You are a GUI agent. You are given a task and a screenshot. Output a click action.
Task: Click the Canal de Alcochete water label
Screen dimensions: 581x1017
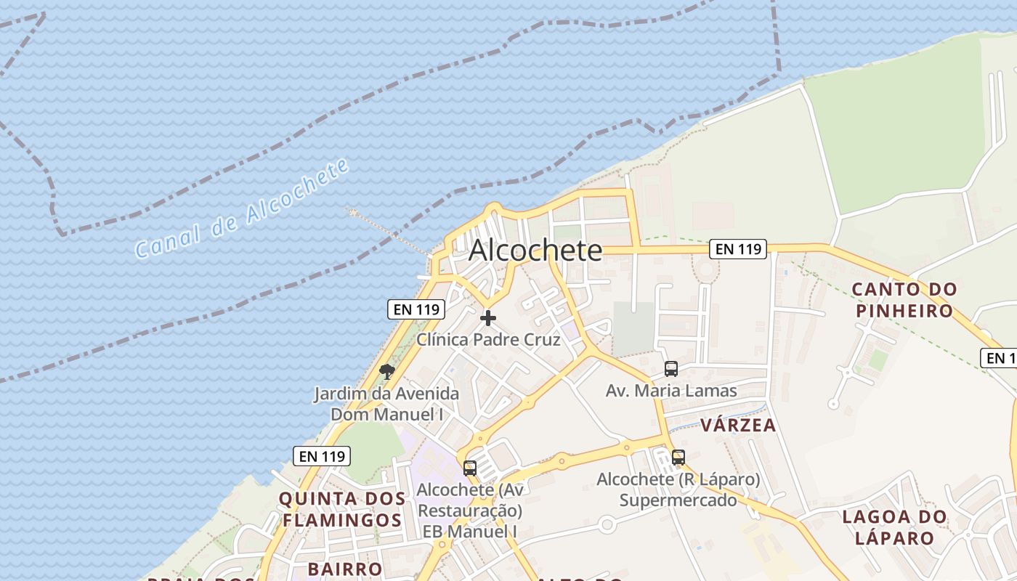click(242, 209)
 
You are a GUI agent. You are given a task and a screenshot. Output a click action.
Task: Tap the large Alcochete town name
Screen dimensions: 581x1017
click(535, 251)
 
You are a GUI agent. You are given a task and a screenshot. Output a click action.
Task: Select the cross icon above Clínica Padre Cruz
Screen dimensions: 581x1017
click(488, 318)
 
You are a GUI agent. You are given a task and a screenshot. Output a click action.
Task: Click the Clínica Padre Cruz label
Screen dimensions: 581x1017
click(488, 339)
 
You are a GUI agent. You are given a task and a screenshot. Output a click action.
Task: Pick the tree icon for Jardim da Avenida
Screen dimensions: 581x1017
click(387, 373)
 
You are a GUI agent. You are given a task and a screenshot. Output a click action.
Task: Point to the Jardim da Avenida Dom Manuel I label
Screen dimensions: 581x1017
click(386, 404)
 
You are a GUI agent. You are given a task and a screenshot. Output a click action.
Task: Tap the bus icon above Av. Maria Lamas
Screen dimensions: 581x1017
click(671, 369)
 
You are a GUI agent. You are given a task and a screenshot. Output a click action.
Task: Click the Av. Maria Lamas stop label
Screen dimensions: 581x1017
click(671, 391)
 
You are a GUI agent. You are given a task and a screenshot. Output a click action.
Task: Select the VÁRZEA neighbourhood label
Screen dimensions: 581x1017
click(738, 425)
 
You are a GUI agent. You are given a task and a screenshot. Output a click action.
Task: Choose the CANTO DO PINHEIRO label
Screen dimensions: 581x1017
click(904, 300)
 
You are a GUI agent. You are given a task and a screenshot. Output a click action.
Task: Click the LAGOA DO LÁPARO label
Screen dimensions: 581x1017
click(894, 527)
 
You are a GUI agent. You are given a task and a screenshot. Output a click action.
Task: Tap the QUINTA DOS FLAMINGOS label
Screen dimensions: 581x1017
click(342, 509)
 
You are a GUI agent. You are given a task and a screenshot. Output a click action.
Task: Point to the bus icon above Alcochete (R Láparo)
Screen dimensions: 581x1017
click(678, 458)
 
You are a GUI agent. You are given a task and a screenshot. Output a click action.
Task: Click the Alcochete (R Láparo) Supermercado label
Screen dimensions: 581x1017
click(678, 489)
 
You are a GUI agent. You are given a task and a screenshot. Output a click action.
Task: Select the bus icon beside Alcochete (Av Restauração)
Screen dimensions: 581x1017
click(470, 468)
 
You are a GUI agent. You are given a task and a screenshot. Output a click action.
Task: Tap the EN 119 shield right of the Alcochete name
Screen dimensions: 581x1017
click(738, 249)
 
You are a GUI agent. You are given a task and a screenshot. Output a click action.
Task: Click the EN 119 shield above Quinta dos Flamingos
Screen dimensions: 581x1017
click(322, 456)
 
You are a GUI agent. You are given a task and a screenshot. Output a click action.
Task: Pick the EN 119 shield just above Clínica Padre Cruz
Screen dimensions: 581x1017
click(416, 309)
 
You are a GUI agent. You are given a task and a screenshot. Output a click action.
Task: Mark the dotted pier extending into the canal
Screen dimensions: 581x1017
click(389, 232)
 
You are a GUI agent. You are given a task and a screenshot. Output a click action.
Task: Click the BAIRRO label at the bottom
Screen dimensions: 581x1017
click(344, 569)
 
